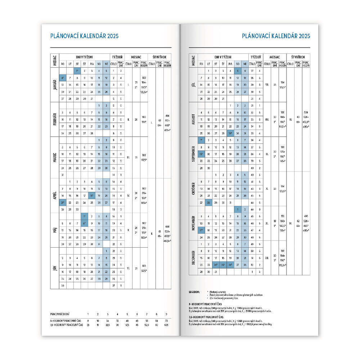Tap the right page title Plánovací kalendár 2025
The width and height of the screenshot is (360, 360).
point(276,36)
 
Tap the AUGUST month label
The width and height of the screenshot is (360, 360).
point(193,120)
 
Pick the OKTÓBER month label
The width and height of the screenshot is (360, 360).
point(193,189)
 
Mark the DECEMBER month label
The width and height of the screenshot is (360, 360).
point(193,258)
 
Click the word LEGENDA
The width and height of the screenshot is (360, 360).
point(195,291)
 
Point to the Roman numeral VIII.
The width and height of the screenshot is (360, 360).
point(267,120)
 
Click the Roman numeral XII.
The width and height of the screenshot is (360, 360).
point(267,258)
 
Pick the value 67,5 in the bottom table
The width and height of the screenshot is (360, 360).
point(166,324)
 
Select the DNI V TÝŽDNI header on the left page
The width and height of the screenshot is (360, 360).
point(84,57)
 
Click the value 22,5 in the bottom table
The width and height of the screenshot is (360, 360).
point(107,324)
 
